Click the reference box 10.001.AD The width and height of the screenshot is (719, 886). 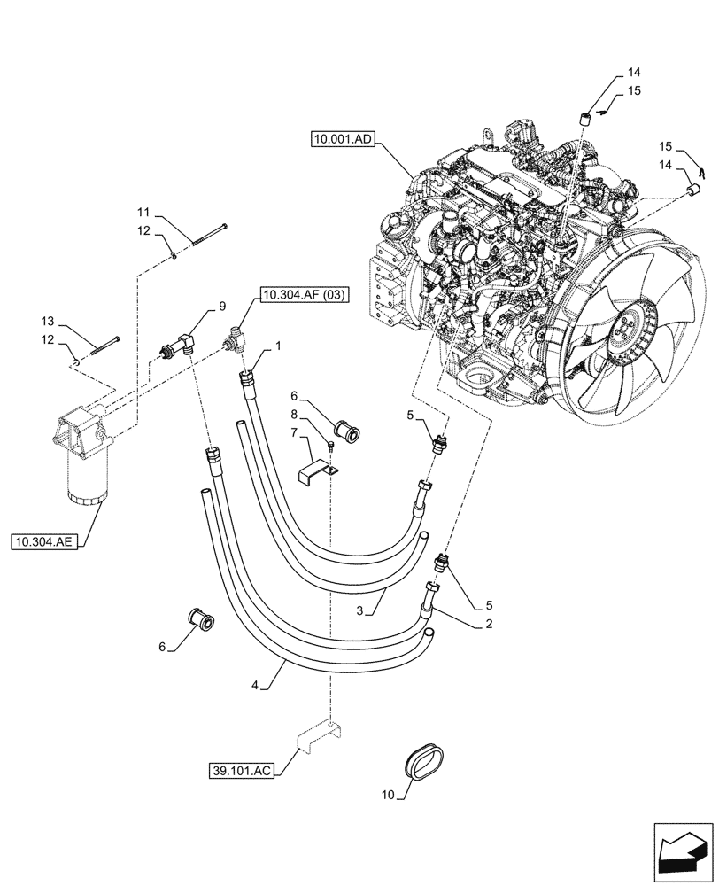[344, 138]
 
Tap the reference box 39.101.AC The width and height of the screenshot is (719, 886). [242, 770]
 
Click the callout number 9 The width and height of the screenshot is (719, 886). [221, 307]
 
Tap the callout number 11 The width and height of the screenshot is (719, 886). [143, 213]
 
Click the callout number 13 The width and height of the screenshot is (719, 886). [48, 321]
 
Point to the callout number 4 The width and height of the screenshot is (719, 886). [257, 685]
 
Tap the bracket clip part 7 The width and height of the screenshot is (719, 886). [319, 469]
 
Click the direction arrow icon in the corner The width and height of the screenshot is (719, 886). [681, 852]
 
